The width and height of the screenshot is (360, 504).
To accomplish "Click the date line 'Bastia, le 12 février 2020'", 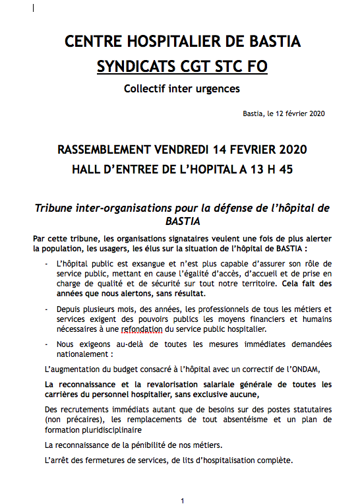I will pyautogui.click(x=284, y=113).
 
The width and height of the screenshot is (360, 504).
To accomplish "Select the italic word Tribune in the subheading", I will pyautogui.click(x=59, y=208).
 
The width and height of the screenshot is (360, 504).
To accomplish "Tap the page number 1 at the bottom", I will pyautogui.click(x=182, y=501).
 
